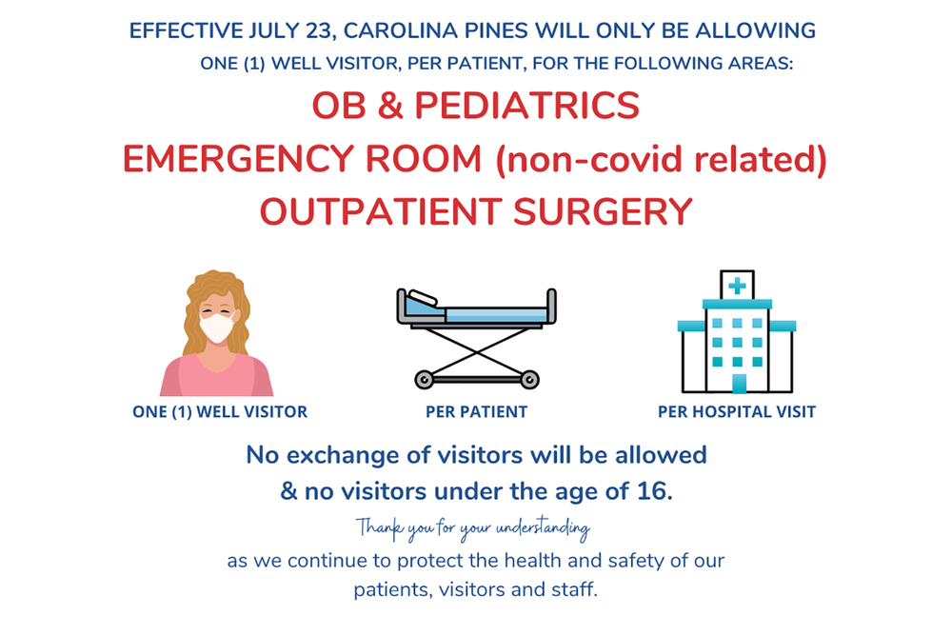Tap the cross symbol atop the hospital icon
(736, 285)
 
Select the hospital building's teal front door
(738, 383)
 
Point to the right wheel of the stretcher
(530, 380)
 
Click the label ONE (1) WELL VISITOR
(220, 412)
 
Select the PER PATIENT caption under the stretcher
(477, 412)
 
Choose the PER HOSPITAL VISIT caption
(737, 412)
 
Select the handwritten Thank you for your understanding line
(473, 527)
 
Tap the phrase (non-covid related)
(660, 159)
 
